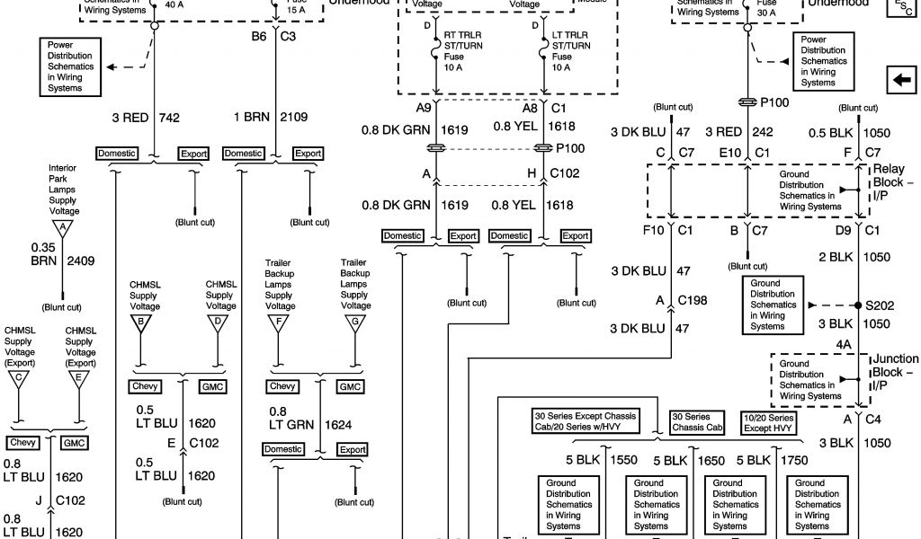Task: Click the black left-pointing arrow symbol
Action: pyautogui.click(x=899, y=81)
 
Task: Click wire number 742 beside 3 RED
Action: pyautogui.click(x=170, y=118)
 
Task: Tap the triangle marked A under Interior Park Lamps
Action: pyautogui.click(x=62, y=229)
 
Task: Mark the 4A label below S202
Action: pyautogui.click(x=843, y=343)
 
